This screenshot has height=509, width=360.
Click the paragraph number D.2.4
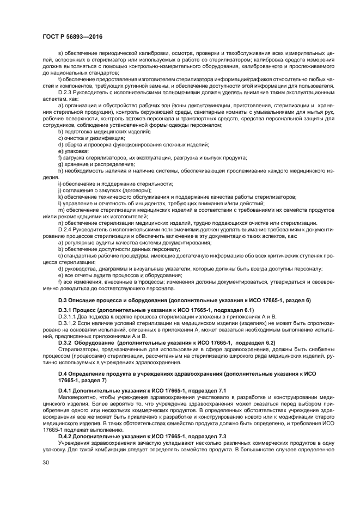(x=66, y=229)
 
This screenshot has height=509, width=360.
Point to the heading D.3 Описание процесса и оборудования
(x=184, y=300)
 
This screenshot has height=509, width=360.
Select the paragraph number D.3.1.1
(x=68, y=316)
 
